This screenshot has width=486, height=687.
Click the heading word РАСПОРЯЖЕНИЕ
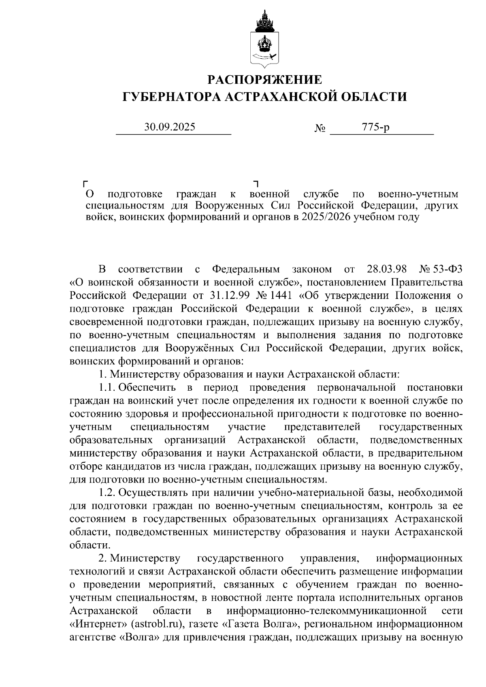point(265,79)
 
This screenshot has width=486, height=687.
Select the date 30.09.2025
point(170,127)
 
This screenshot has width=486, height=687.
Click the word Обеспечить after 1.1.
point(147,387)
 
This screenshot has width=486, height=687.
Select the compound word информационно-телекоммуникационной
point(327,611)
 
